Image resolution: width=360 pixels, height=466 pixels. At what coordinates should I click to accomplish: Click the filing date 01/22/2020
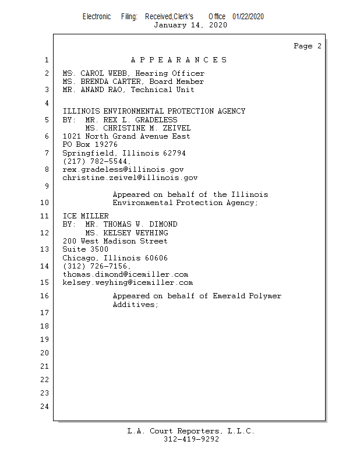tap(248, 16)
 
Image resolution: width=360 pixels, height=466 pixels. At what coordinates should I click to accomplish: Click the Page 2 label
tap(308, 46)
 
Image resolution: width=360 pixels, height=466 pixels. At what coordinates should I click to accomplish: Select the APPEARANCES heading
tap(179, 60)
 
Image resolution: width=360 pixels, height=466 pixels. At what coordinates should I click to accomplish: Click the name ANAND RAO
tap(101, 90)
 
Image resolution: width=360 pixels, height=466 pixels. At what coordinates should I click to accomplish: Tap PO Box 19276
tap(90, 144)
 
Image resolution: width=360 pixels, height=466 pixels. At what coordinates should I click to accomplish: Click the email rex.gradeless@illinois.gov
tap(123, 170)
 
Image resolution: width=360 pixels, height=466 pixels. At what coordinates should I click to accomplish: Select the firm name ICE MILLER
tap(86, 216)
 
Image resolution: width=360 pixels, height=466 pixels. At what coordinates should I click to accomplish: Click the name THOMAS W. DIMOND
tap(140, 224)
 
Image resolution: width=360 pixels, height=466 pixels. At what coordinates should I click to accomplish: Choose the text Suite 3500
tap(85, 249)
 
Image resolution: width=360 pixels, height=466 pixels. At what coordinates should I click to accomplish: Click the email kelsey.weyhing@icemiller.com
tap(128, 283)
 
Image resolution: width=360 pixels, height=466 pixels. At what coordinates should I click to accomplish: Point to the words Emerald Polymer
tap(247, 296)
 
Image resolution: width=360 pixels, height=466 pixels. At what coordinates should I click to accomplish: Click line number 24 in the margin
tap(45, 406)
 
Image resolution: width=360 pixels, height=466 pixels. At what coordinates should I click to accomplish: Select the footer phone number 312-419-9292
tap(191, 439)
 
